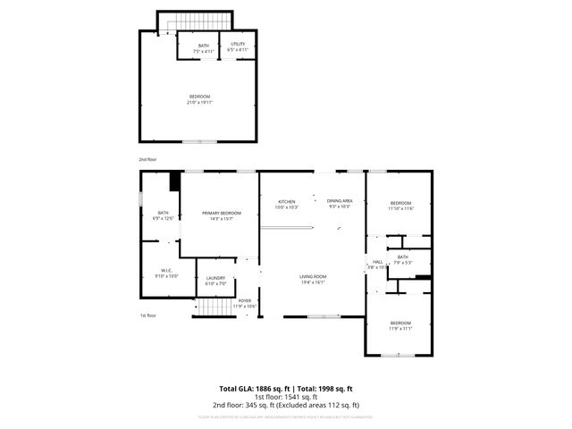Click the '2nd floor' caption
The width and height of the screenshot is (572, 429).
click(x=147, y=159)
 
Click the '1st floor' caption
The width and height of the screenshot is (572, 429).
click(x=147, y=315)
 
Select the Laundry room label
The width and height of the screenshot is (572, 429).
click(x=215, y=280)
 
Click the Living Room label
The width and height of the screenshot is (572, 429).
click(x=312, y=279)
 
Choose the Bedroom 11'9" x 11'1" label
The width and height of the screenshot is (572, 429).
click(x=400, y=324)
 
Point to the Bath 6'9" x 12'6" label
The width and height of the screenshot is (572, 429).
click(x=163, y=214)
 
